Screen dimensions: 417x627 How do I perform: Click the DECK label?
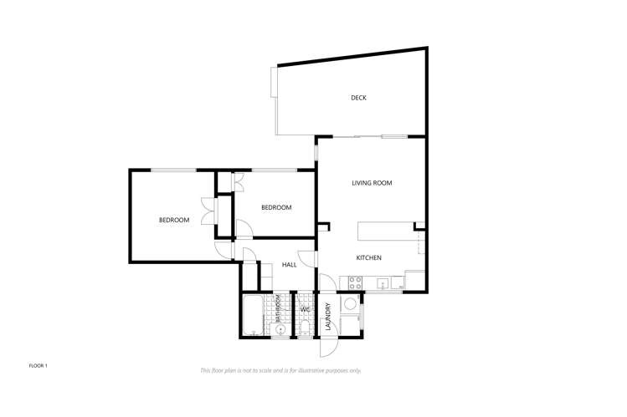[358, 98]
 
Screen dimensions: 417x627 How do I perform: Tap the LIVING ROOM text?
[372, 183]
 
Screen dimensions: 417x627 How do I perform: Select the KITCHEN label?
[369, 257]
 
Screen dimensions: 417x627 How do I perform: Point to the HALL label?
[289, 264]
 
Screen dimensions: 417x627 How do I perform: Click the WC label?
[306, 311]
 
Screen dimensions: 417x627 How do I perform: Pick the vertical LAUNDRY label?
[328, 316]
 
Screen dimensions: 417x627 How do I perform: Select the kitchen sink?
[382, 283]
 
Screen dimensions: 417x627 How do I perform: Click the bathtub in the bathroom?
[254, 315]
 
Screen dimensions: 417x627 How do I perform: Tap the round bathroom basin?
[282, 330]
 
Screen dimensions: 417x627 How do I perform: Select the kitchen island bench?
[386, 231]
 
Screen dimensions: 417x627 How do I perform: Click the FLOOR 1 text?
[39, 366]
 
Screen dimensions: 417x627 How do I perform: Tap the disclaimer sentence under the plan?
[280, 370]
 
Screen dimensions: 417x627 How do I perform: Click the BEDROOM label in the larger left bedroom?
[174, 220]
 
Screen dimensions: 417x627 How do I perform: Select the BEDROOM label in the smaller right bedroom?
[276, 207]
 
